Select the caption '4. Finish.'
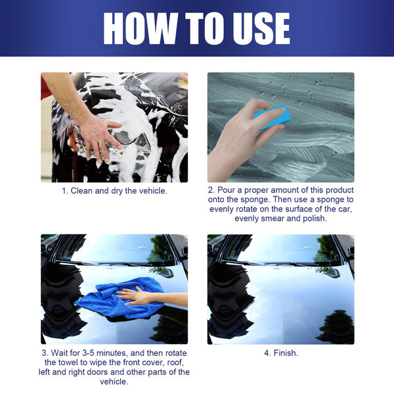pyautogui.click(x=280, y=353)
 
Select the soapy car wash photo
pyautogui.click(x=114, y=127)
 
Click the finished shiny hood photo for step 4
pyautogui.click(x=280, y=289)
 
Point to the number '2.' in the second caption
pyautogui.click(x=211, y=190)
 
